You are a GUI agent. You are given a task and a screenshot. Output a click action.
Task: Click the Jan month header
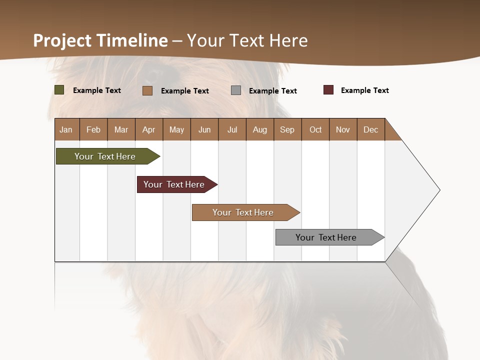[x=66, y=129]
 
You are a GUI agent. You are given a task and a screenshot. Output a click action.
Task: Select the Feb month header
[x=93, y=129]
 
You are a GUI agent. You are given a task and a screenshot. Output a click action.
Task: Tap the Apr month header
[x=148, y=129]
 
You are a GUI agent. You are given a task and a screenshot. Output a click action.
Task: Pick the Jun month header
[x=204, y=129]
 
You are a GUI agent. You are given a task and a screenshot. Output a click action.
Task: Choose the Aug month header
[x=259, y=129]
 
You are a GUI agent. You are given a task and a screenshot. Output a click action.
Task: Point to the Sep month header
[x=287, y=129]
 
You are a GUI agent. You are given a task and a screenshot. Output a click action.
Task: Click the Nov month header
[x=343, y=129]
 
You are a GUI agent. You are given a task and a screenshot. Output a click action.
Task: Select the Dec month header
[x=370, y=129]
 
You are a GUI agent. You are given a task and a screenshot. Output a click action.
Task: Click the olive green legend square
[x=59, y=90]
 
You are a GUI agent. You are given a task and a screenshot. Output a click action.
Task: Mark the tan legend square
[x=147, y=90]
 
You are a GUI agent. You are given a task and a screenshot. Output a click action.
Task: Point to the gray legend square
[x=236, y=90]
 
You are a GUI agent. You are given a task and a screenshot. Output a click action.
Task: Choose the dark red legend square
[x=328, y=90]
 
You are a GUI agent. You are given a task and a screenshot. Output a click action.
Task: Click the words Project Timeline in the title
[x=100, y=40]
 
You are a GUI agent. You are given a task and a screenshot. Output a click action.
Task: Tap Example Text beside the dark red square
[x=364, y=90]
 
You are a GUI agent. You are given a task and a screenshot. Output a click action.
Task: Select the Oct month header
[x=315, y=129]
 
